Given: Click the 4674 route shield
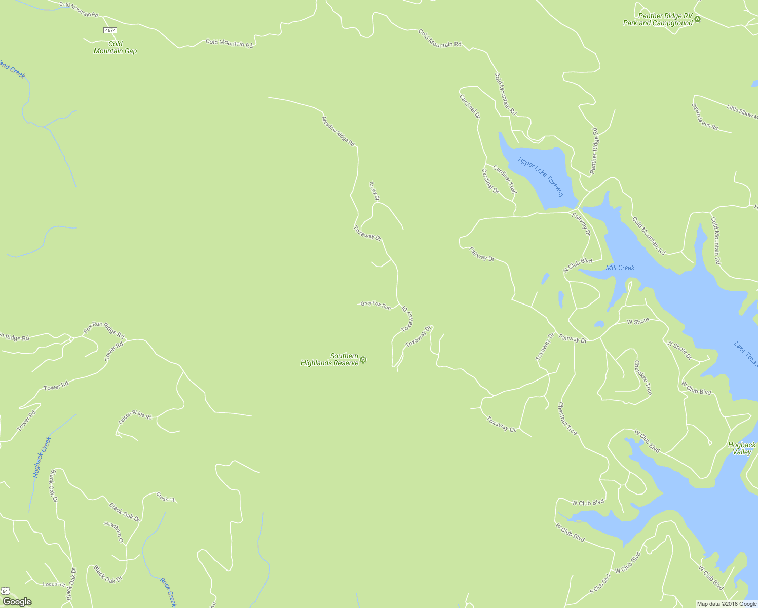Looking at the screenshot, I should (x=110, y=30).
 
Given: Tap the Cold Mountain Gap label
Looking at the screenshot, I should (x=115, y=48).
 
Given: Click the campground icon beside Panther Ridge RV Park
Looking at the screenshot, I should (x=698, y=19).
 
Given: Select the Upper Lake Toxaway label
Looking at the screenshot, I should (x=541, y=176).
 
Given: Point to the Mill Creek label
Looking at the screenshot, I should (x=620, y=268).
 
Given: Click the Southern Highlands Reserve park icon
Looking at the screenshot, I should (x=363, y=360).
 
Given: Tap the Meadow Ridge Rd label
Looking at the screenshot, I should (x=338, y=129).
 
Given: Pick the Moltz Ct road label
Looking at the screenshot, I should (x=374, y=191).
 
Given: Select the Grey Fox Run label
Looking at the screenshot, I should (x=375, y=305).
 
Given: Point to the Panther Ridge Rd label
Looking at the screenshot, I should (x=594, y=150).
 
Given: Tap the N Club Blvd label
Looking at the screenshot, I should (x=578, y=265).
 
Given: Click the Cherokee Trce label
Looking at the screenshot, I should (x=643, y=377).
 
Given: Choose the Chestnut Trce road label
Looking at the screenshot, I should (x=567, y=419).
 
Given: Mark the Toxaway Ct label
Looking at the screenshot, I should (x=501, y=424).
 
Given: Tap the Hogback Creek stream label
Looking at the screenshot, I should (x=42, y=458).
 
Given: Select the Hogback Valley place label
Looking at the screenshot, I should (x=742, y=448).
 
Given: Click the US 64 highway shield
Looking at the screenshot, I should (x=5, y=591).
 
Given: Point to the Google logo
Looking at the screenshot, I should (x=17, y=602).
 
